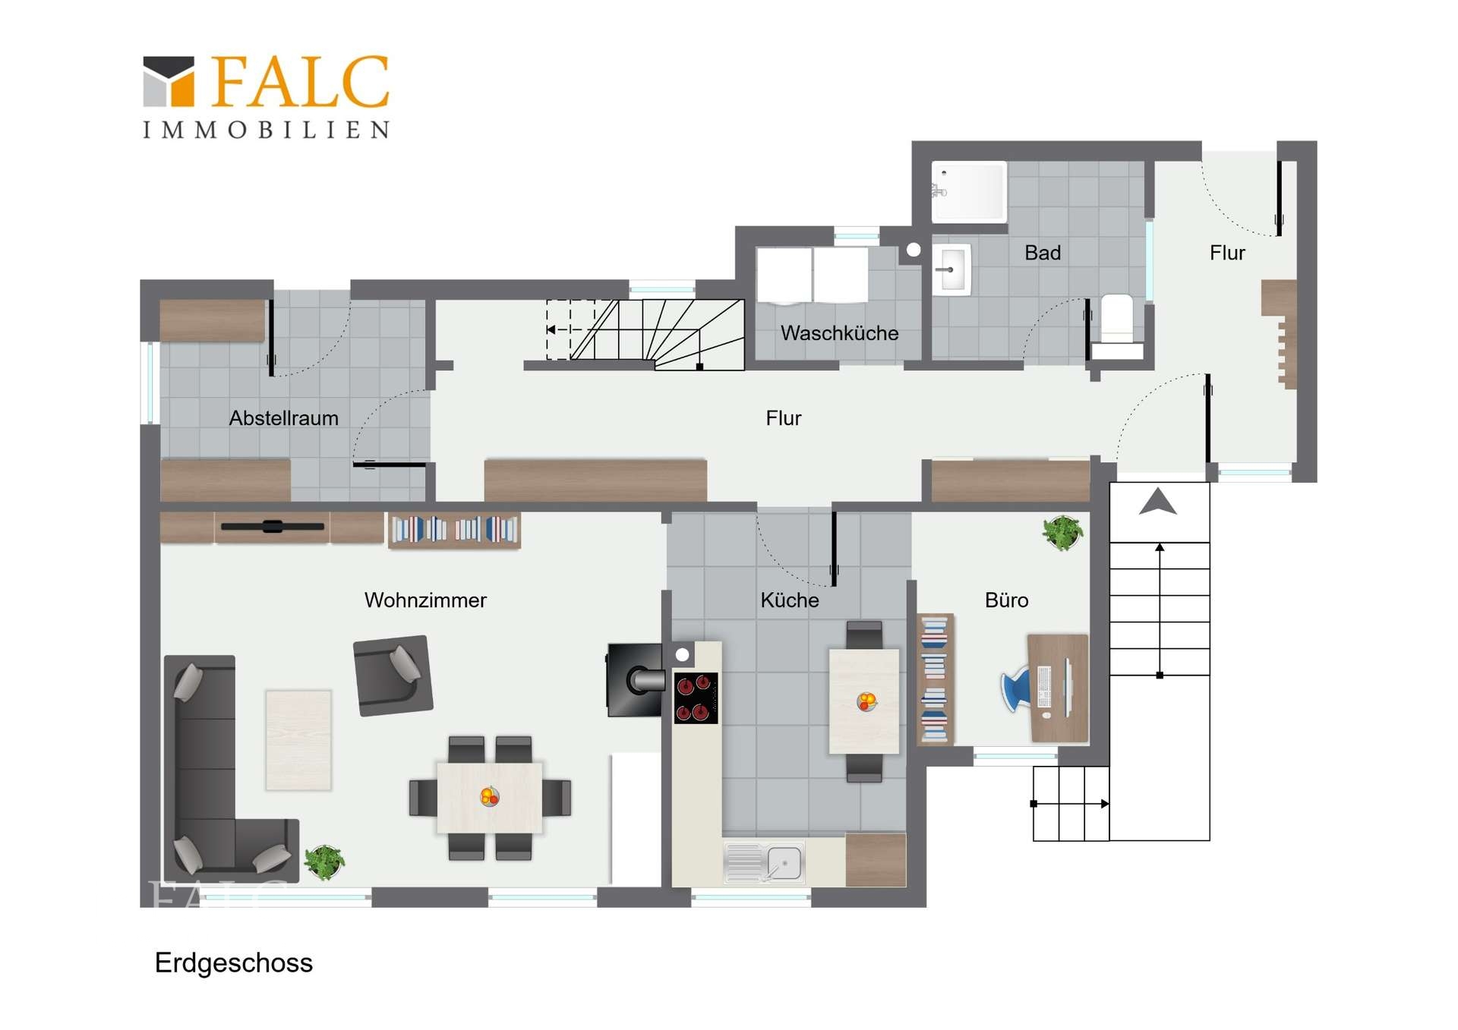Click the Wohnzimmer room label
(425, 600)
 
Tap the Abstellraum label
(284, 418)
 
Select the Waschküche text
(839, 333)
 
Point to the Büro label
(1006, 600)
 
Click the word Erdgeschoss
(234, 963)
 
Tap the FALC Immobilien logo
(267, 96)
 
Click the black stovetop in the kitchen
(696, 698)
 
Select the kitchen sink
(764, 863)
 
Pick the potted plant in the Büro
(1062, 533)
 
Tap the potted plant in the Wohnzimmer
(324, 862)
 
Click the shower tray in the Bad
(969, 191)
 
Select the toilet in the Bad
(1116, 326)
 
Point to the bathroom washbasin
(951, 269)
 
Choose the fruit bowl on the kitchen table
(866, 701)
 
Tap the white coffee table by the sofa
(298, 740)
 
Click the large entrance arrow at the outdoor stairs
(1158, 502)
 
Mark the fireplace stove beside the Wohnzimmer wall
(635, 680)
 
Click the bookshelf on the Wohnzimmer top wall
(454, 530)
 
